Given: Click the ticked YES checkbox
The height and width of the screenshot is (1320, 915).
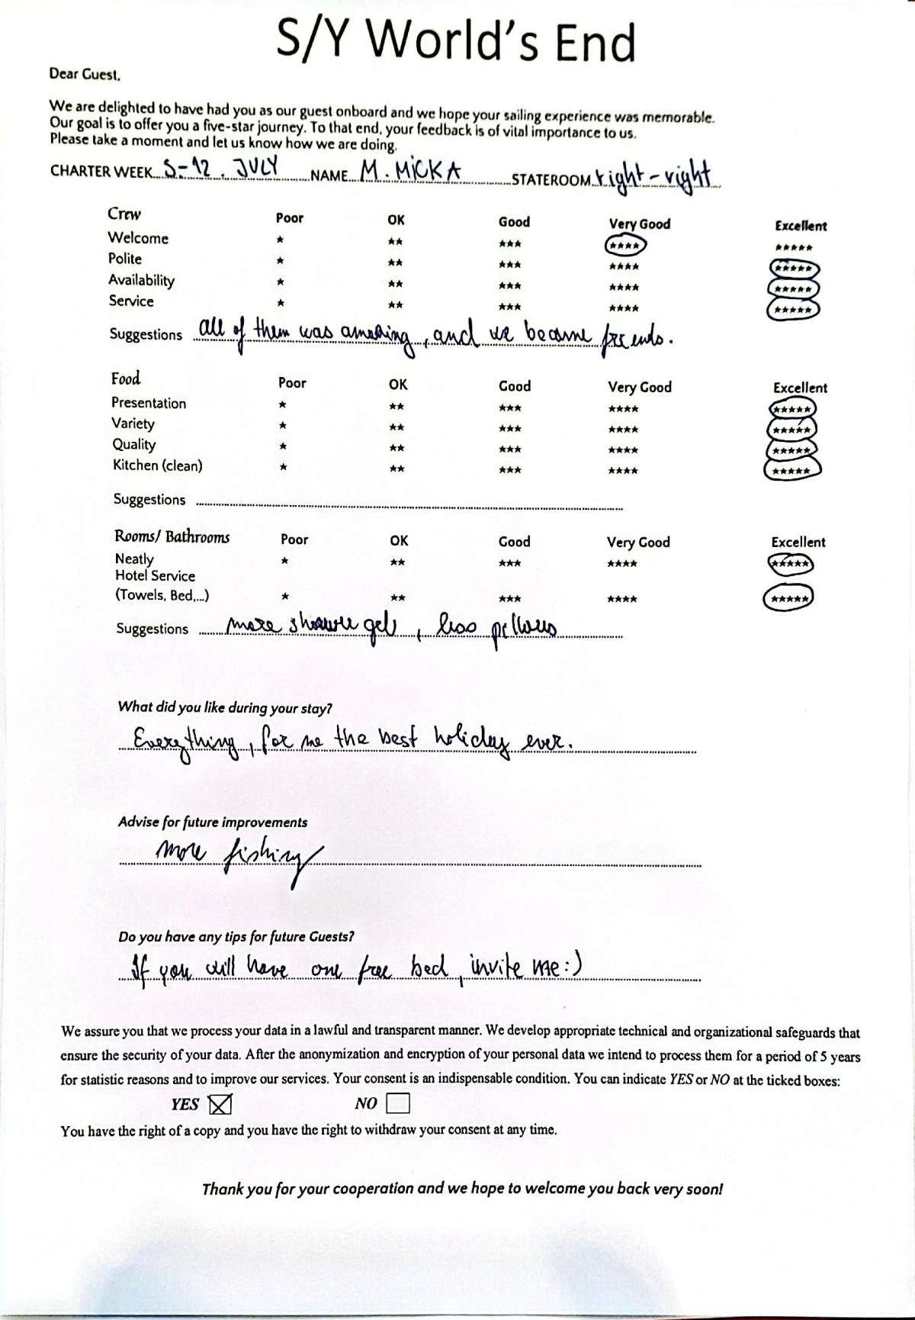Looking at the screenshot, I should (x=220, y=1103).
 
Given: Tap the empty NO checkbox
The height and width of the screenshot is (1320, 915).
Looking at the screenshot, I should (x=398, y=1103).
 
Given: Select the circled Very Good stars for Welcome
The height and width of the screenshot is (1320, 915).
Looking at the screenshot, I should (x=625, y=246).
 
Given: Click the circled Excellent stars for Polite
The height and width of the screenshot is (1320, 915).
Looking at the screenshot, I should (x=795, y=269).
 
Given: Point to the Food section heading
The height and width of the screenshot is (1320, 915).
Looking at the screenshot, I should (x=126, y=379).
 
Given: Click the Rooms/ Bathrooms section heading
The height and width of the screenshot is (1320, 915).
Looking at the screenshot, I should (x=172, y=537).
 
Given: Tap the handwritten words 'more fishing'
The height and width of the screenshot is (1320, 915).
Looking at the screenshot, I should (x=236, y=855).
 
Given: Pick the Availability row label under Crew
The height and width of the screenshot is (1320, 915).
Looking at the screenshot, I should (x=141, y=280).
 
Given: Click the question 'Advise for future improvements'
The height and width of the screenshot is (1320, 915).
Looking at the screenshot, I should (x=213, y=822).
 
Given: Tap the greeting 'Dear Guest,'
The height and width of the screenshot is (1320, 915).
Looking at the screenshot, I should (x=85, y=74).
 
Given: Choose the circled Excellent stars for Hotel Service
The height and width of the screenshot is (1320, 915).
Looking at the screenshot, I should (x=788, y=598).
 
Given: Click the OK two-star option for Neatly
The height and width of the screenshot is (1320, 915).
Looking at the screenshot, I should (x=397, y=563).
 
